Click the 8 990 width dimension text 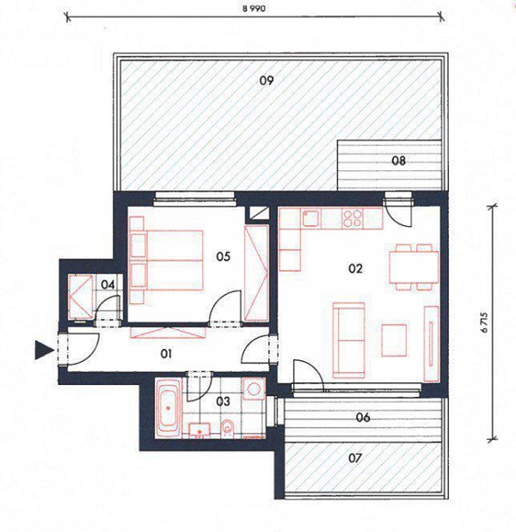254,9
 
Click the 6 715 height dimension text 484,322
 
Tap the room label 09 267,81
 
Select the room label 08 398,161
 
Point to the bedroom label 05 223,256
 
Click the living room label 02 355,269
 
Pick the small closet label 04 107,284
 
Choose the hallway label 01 166,354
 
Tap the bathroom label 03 223,401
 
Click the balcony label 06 363,418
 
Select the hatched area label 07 355,458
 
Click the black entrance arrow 45,350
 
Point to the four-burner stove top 353,218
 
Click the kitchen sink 311,218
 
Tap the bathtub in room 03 168,408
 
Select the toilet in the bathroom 226,429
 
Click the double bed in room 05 167,260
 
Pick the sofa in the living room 349,340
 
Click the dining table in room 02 414,267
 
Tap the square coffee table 394,340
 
